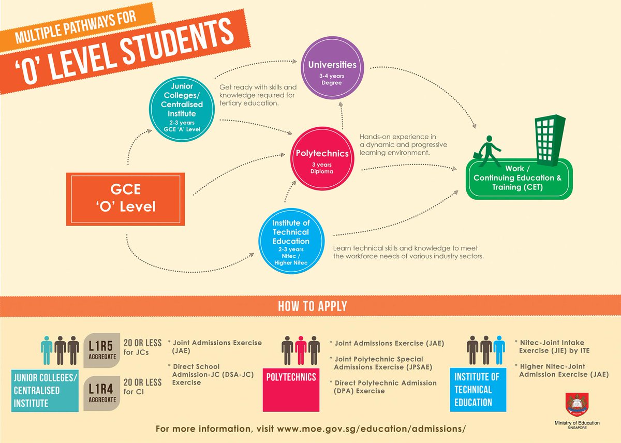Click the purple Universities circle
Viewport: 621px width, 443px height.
[332, 71]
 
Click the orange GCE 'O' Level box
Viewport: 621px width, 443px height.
[125, 199]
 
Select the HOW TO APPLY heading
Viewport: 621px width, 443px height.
[313, 306]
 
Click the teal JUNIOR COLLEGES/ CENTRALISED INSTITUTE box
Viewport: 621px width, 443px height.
[41, 390]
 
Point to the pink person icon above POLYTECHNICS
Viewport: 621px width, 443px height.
[301, 350]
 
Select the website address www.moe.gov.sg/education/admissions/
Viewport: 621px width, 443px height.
[372, 430]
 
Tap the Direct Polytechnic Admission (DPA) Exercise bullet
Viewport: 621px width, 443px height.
[385, 387]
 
